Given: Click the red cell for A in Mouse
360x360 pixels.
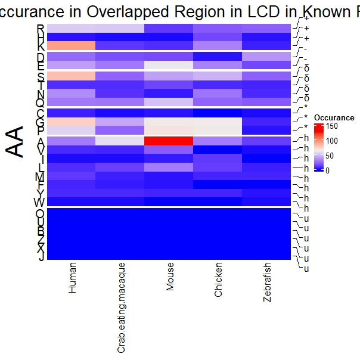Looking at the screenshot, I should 169,141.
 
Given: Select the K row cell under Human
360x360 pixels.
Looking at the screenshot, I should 72,46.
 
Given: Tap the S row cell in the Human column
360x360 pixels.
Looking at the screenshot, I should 72,76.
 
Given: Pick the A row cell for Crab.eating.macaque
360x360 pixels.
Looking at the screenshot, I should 120,141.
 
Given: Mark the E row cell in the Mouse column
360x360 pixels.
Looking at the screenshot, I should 169,65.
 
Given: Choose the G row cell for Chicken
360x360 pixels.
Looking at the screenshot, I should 218,122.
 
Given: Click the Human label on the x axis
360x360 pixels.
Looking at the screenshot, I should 73,278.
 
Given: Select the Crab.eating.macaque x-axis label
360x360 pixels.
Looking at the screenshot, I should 121,307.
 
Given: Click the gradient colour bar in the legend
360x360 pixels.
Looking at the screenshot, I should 319,148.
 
